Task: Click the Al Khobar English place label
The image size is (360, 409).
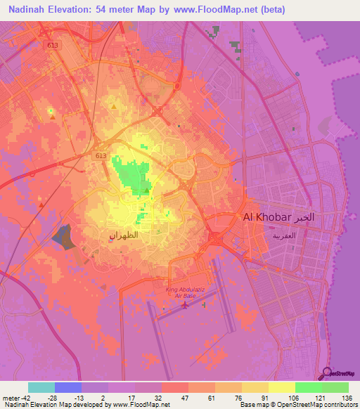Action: click(x=267, y=218)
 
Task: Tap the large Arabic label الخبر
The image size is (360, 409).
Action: click(x=314, y=217)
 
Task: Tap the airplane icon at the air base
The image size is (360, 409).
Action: click(x=185, y=304)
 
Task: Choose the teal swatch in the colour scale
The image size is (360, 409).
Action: click(x=41, y=387)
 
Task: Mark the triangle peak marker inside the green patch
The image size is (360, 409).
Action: click(x=146, y=190)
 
